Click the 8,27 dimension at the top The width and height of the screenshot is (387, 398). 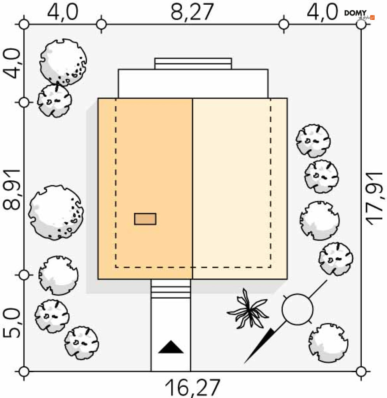192,12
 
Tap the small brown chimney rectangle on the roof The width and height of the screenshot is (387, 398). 145,219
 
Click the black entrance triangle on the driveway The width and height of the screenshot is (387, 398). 171,347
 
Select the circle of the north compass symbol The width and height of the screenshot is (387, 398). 298,309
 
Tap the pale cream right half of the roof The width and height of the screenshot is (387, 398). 240,189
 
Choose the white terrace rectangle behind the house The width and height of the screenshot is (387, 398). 193,84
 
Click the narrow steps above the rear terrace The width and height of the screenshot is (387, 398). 193,63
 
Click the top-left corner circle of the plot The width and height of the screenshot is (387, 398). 24,24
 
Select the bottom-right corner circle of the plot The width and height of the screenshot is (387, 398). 361,371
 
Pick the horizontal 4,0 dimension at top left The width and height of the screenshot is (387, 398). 63,12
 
